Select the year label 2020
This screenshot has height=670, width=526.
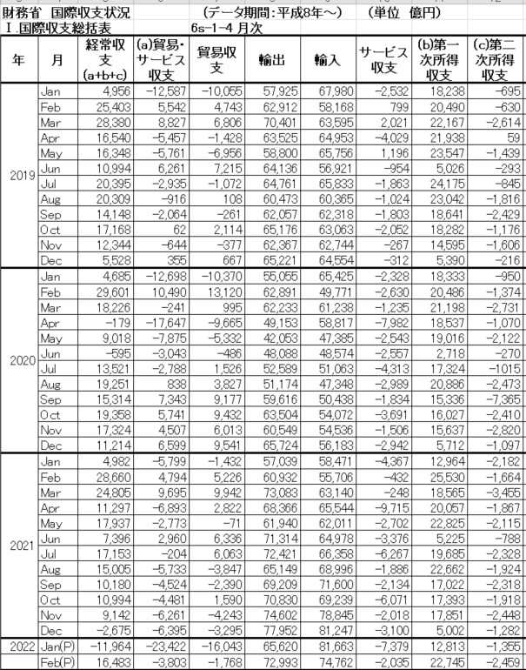20,361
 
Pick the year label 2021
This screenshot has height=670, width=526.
20,546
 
